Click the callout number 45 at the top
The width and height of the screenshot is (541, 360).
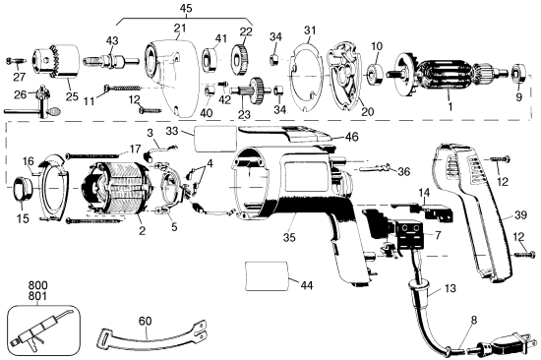pos(185,8)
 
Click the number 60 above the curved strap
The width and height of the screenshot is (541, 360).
pos(146,321)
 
